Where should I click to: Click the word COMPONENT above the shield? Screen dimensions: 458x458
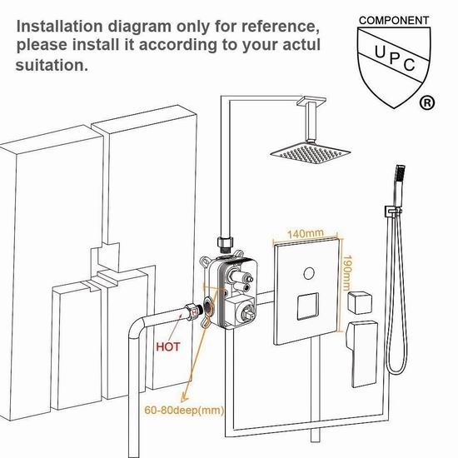(x=394, y=21)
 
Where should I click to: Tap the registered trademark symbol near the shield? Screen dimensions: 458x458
(x=427, y=102)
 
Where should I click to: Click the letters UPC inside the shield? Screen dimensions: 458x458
(x=395, y=58)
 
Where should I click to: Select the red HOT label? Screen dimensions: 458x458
(x=168, y=346)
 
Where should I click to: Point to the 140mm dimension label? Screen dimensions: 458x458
(x=306, y=234)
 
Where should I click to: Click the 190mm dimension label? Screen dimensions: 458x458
(x=347, y=273)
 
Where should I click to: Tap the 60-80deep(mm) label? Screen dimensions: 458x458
(x=184, y=410)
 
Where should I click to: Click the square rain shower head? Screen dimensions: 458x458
(x=311, y=153)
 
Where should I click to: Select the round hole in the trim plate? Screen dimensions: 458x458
(x=309, y=273)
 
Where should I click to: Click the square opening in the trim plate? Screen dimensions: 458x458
(x=308, y=306)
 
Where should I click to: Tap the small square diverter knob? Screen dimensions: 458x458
(x=360, y=302)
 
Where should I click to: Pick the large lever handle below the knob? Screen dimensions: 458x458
(x=361, y=354)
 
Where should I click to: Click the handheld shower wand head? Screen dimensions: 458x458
(x=398, y=184)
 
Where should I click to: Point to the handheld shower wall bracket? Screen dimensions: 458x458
(x=392, y=212)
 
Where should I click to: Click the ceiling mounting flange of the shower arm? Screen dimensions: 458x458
(x=311, y=102)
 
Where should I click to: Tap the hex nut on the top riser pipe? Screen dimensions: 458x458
(x=225, y=242)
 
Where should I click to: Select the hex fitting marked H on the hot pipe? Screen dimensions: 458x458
(x=193, y=311)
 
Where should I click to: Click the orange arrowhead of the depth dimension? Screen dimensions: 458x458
(x=185, y=397)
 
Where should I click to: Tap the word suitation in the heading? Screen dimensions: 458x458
(x=52, y=65)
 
